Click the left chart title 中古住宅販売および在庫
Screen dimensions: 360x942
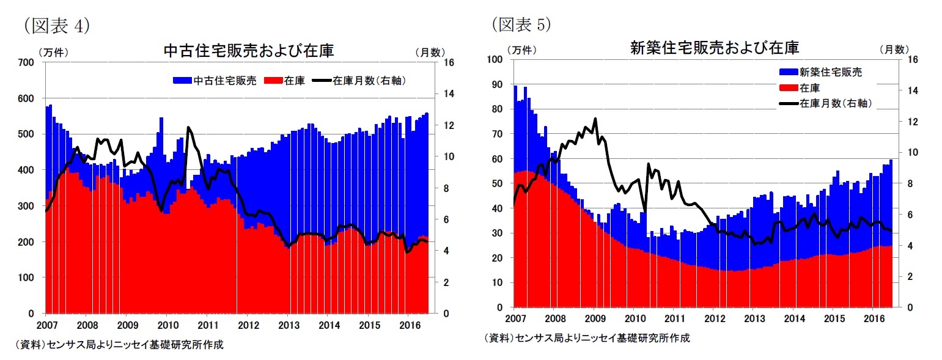coord(249,50)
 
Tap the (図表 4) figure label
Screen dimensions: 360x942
coord(56,24)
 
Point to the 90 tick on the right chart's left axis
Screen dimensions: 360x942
coord(498,84)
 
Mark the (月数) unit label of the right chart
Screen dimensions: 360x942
coord(894,50)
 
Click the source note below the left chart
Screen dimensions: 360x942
coord(119,345)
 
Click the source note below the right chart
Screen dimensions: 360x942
coord(587,338)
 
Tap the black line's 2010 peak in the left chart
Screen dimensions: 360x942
coord(188,127)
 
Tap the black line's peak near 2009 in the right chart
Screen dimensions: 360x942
coord(595,119)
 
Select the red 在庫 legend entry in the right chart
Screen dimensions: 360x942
coord(809,88)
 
